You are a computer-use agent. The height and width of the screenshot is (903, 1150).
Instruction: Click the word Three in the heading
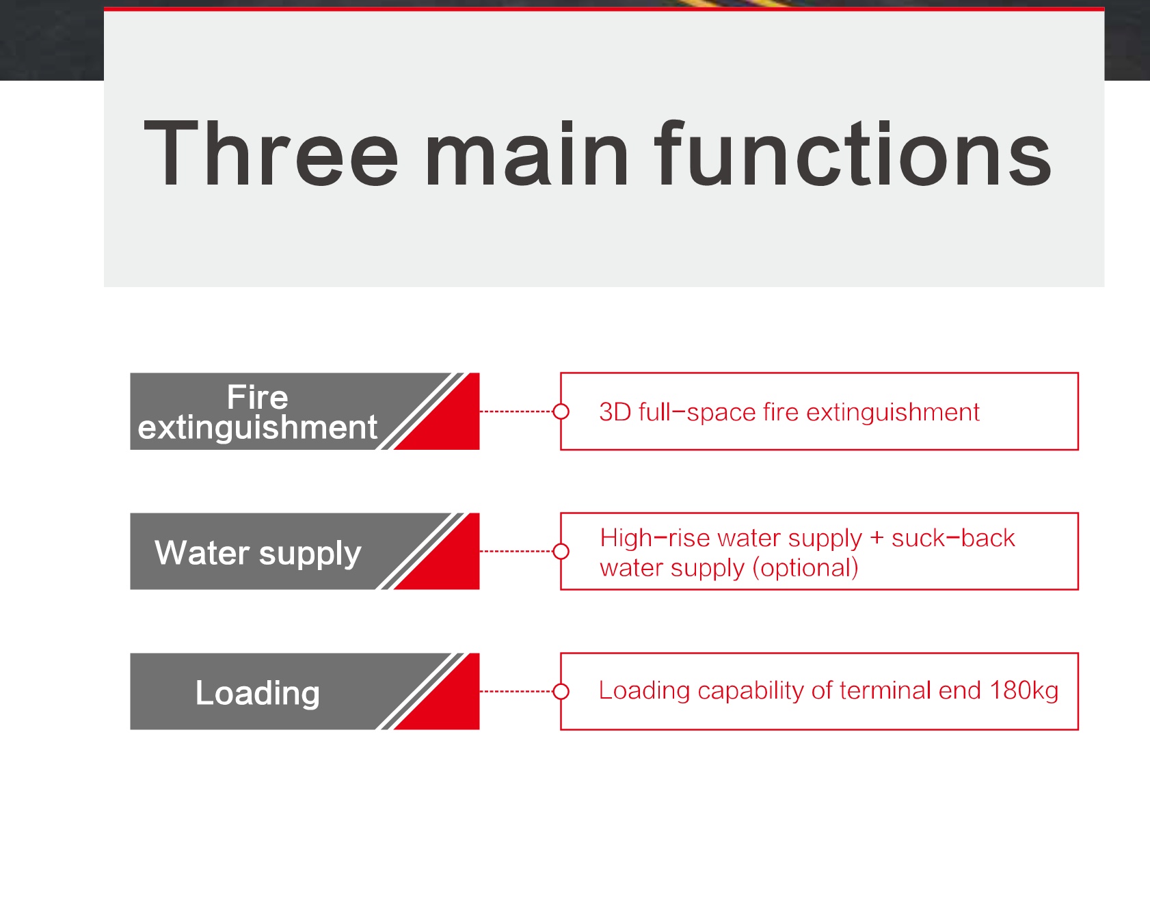(271, 153)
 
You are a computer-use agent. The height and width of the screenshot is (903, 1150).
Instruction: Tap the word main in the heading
(526, 153)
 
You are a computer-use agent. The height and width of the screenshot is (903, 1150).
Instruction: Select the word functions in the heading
(853, 153)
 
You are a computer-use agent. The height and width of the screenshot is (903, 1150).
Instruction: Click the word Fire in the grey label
(257, 397)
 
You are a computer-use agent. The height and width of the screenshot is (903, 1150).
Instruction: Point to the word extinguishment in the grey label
(257, 428)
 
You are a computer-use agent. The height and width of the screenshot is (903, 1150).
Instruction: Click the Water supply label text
(258, 554)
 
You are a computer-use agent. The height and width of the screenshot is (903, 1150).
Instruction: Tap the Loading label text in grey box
(257, 694)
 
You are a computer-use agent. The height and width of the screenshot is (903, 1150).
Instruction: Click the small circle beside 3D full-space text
(561, 412)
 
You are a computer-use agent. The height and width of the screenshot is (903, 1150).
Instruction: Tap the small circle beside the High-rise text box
(561, 551)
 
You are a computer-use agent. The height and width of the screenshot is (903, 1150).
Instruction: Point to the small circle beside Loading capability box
(561, 691)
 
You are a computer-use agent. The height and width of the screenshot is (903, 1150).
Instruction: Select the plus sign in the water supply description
(877, 539)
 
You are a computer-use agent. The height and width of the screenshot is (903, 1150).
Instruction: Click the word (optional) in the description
(805, 568)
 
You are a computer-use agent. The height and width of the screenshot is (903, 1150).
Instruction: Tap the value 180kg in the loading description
(1024, 691)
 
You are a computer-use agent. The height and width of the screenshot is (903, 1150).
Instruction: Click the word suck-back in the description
(953, 538)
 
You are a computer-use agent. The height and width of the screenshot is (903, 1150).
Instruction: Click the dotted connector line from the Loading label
(516, 691)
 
